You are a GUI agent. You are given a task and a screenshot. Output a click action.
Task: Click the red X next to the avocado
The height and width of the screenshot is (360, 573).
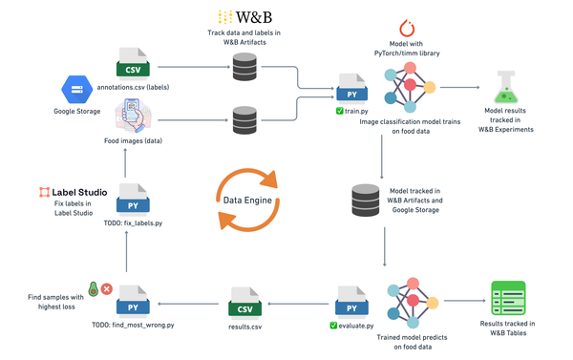coord(107,287)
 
